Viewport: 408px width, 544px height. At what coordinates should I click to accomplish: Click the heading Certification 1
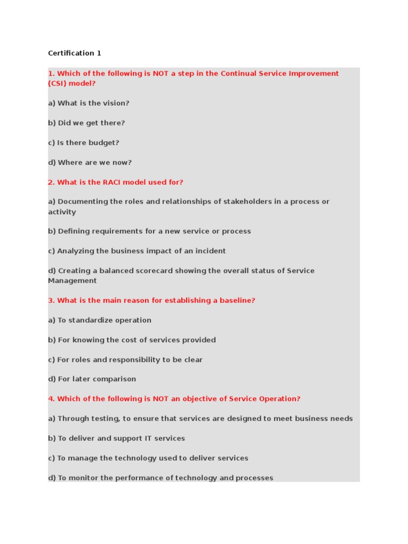[74, 53]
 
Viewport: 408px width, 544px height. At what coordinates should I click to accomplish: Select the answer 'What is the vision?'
[89, 103]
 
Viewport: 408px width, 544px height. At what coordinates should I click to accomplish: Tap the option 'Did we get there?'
[87, 123]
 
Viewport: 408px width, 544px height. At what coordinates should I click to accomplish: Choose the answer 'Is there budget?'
[84, 142]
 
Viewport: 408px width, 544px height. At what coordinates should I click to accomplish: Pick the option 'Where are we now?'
[90, 163]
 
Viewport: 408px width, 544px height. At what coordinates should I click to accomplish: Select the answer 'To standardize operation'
[100, 320]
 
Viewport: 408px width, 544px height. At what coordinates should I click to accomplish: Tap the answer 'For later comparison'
[92, 379]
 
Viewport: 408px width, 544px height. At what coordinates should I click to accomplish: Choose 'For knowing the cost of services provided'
[132, 339]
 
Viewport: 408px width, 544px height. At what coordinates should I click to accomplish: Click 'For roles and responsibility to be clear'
[125, 360]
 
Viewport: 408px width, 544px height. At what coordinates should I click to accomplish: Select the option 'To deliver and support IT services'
[116, 438]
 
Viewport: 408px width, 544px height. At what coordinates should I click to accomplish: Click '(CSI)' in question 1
[57, 83]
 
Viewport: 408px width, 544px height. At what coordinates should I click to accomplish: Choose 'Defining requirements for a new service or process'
[149, 231]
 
